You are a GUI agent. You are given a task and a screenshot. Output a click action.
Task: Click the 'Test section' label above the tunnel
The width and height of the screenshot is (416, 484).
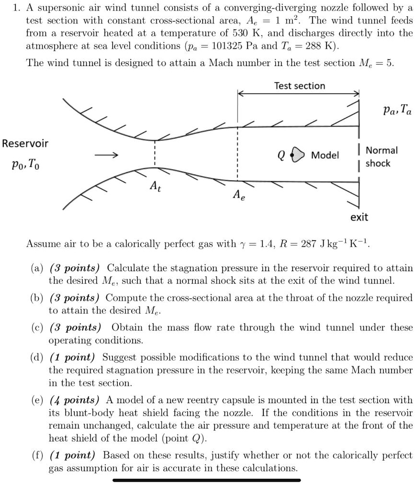pyautogui.click(x=299, y=86)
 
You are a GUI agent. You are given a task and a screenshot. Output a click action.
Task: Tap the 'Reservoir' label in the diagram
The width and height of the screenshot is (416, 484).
pyautogui.click(x=25, y=143)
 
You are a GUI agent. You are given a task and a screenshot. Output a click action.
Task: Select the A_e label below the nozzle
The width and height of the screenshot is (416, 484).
pyautogui.click(x=237, y=195)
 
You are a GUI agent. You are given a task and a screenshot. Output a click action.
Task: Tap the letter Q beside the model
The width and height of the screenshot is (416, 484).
pyautogui.click(x=281, y=155)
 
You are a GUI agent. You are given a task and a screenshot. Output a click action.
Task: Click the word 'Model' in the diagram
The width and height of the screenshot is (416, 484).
pyautogui.click(x=325, y=155)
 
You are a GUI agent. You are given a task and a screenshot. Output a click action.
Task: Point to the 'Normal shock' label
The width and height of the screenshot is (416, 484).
pyautogui.click(x=381, y=157)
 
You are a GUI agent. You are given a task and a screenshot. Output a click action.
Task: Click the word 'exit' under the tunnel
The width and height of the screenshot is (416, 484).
pyautogui.click(x=359, y=217)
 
